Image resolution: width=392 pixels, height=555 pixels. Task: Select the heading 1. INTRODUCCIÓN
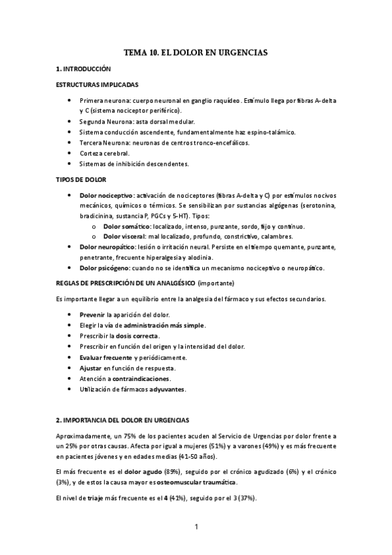[83, 69]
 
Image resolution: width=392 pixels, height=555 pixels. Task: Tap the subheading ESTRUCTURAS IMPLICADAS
[96, 84]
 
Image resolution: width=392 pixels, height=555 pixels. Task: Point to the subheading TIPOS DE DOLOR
[81, 179]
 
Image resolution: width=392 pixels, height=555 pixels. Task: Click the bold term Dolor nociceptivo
[107, 195]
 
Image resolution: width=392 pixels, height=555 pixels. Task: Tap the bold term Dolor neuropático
[107, 247]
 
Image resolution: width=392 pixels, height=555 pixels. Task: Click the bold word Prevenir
[92, 315]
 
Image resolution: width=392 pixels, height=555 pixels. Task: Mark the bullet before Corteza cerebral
[69, 152]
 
